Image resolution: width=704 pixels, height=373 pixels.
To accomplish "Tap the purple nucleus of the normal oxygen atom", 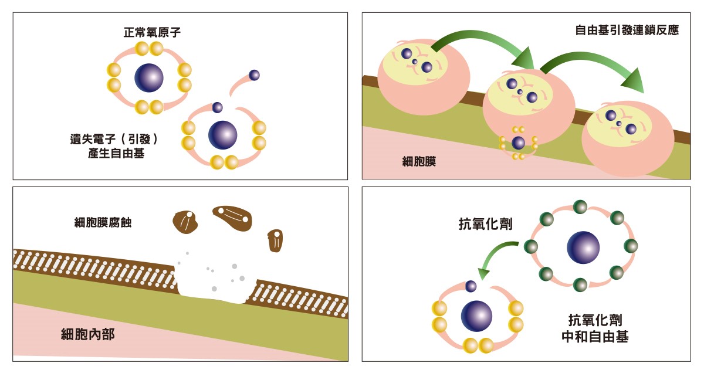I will pos(149,77).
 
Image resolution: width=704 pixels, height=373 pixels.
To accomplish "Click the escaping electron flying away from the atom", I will pos(253,74).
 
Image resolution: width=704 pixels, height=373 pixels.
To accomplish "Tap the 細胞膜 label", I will pos(419,162).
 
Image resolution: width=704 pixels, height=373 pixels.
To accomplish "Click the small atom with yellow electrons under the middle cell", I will pos(518,143).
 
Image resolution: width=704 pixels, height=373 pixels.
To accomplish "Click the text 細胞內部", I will pos(88,334).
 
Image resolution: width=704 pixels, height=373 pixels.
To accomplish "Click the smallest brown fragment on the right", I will pos(276,240).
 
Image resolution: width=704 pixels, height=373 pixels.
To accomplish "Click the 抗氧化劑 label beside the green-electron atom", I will pos(485,223).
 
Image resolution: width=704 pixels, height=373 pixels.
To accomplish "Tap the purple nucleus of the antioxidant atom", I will pos(583,247).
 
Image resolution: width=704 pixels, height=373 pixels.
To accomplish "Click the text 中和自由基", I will pos(595,337).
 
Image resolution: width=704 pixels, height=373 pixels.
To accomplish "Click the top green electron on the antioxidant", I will pos(580,206).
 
